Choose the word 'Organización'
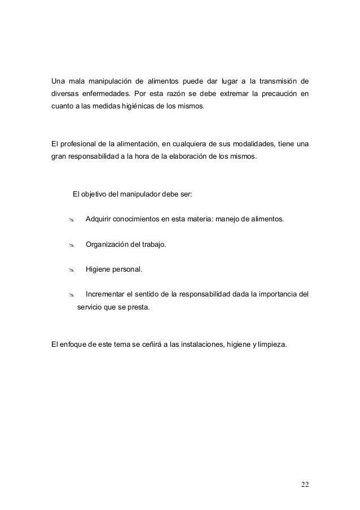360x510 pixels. (x=108, y=245)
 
